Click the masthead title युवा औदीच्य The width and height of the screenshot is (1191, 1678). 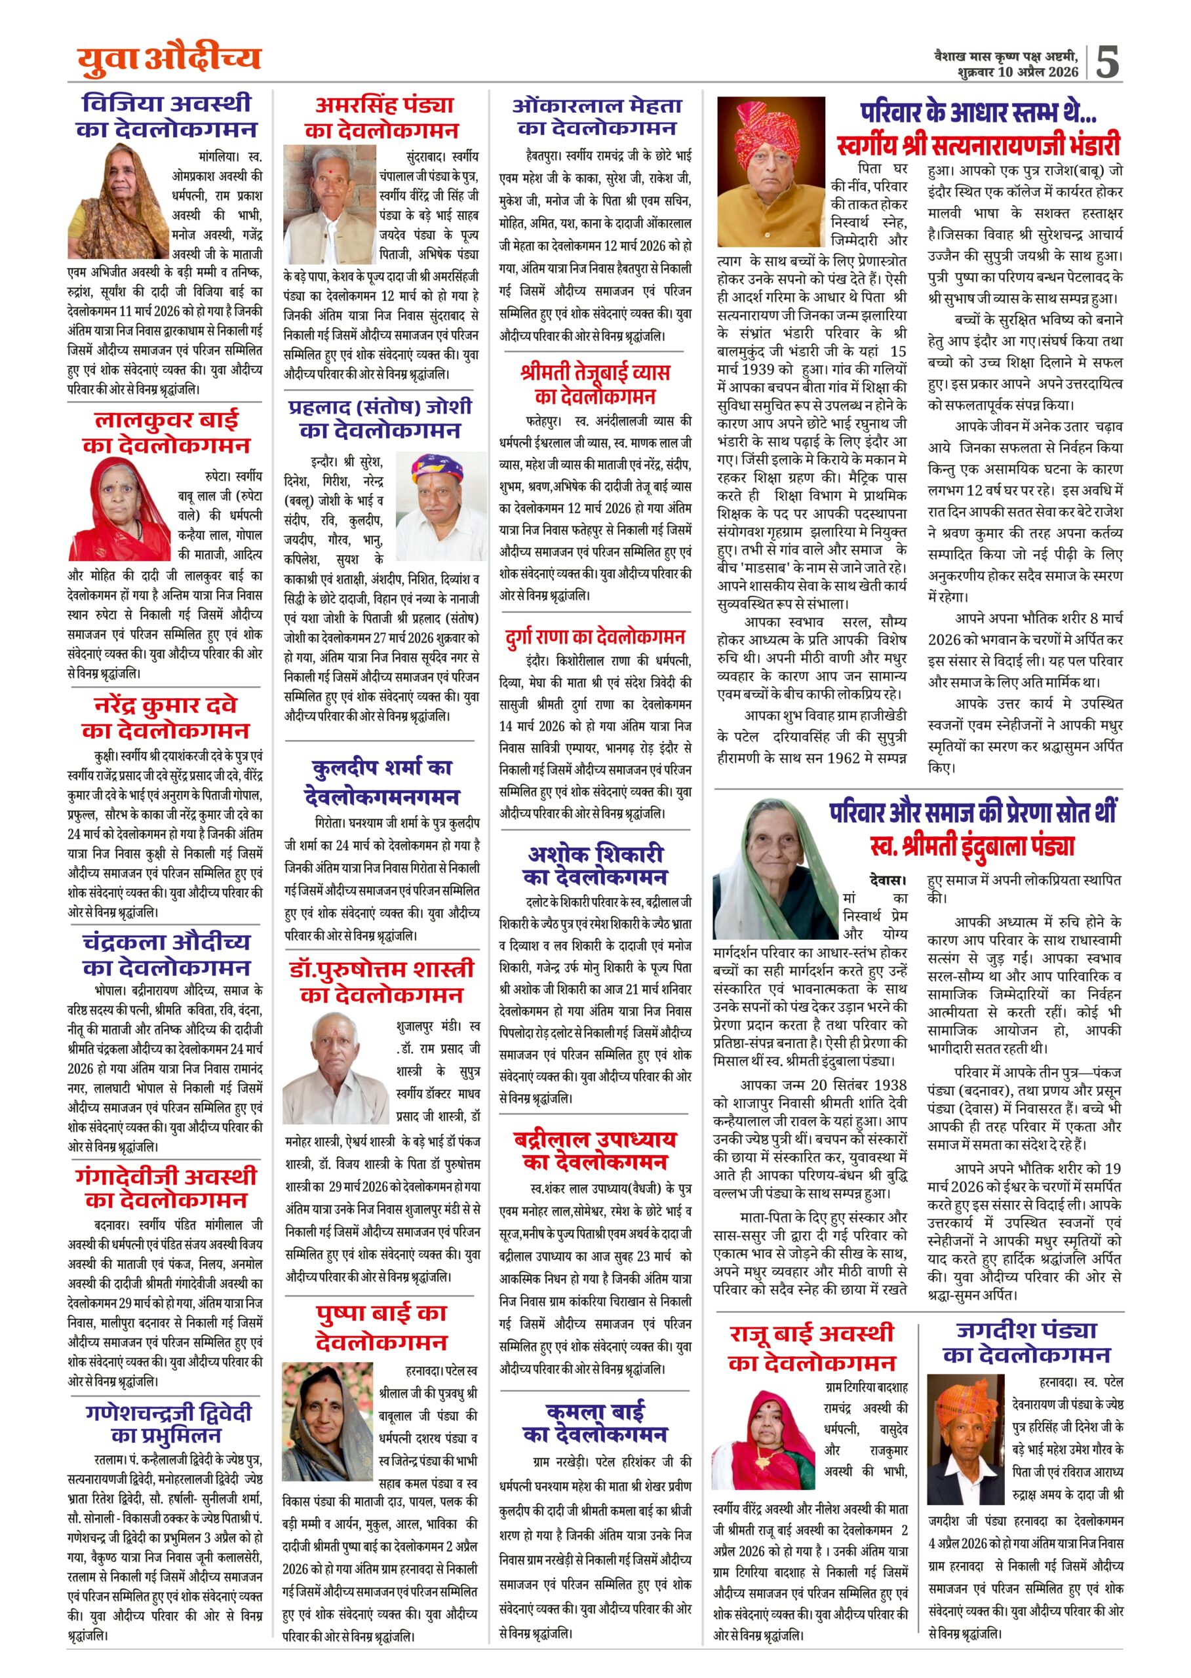click(x=168, y=59)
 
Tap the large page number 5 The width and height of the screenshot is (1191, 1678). click(x=1106, y=62)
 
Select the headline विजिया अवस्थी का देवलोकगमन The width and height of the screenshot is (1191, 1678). click(x=166, y=117)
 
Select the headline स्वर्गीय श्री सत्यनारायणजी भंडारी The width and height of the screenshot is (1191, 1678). click(x=979, y=144)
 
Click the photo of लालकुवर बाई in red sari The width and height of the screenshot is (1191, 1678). click(x=119, y=509)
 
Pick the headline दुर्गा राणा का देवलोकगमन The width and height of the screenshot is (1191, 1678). click(x=595, y=636)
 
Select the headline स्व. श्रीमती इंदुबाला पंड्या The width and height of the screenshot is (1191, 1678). click(x=971, y=846)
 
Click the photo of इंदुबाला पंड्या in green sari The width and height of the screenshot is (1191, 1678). click(x=776, y=869)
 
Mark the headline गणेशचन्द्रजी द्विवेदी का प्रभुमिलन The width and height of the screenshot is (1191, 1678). click(x=168, y=1423)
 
